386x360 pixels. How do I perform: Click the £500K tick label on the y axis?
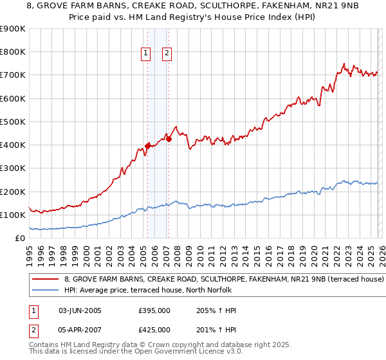(x=13, y=122)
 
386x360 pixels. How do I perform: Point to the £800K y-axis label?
(x=13, y=52)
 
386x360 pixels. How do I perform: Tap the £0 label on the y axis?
(x=19, y=238)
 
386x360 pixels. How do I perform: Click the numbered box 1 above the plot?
(x=146, y=54)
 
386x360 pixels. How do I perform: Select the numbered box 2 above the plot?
(x=167, y=54)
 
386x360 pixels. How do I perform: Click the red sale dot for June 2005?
(x=148, y=146)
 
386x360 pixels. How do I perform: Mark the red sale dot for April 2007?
(x=169, y=139)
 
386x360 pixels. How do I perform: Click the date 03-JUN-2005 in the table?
(x=80, y=310)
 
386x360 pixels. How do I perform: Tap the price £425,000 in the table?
(x=154, y=330)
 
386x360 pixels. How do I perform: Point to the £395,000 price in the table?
(x=154, y=310)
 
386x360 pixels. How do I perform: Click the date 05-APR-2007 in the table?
(x=80, y=330)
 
